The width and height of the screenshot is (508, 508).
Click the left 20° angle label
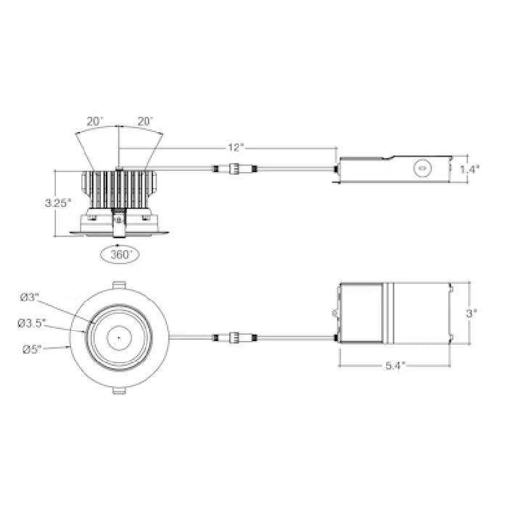94,121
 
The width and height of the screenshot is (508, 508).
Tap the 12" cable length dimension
234,147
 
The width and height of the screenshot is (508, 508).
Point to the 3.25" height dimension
57,202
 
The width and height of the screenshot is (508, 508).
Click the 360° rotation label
116,255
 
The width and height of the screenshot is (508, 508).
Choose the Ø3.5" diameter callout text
33,322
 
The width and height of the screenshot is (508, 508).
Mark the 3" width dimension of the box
471,314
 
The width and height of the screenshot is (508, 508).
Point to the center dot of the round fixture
117,337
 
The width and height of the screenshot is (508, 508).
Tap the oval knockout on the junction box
420,168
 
